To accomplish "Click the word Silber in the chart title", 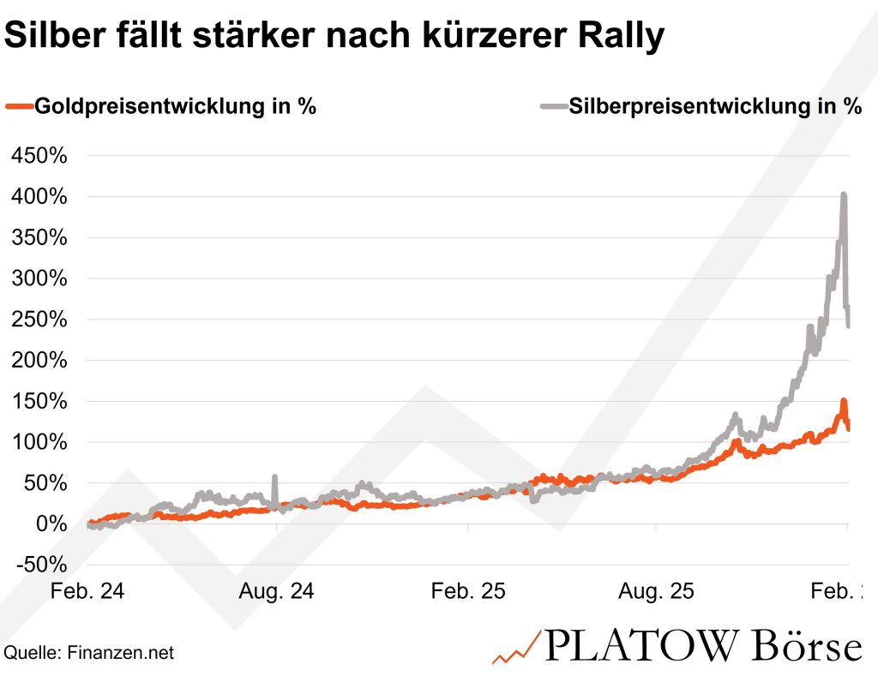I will click(57, 37).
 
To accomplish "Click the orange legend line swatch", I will click(18, 107).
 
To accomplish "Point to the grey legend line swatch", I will click(553, 107).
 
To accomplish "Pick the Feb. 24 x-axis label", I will click(88, 592).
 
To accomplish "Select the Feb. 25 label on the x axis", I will click(469, 592).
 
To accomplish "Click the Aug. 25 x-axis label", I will click(658, 592).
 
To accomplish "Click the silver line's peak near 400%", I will click(844, 195).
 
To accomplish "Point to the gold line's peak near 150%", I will click(844, 401).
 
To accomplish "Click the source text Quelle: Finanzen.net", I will click(89, 653).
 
